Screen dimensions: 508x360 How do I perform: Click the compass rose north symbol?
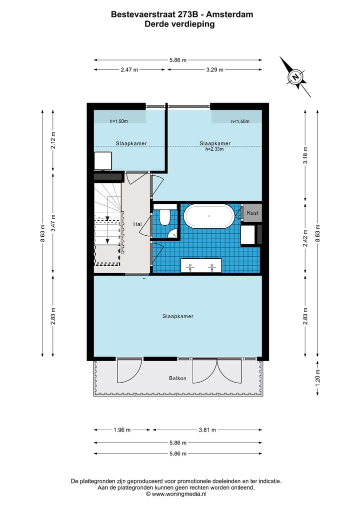tap(296, 77)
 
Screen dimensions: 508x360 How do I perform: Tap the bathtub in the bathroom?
tap(208, 216)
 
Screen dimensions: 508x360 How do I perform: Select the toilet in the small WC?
tap(165, 217)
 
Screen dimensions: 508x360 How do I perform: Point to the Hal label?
tap(137, 225)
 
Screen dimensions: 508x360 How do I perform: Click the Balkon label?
tap(177, 378)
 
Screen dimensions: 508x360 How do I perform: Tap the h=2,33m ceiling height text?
tap(214, 148)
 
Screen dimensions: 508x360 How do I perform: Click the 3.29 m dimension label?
tap(214, 70)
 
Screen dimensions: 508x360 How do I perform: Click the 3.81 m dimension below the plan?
tap(206, 430)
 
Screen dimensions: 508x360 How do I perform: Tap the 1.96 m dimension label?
tap(121, 430)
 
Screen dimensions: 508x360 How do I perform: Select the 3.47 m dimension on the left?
tap(53, 224)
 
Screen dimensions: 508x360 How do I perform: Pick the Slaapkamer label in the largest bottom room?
tap(177, 316)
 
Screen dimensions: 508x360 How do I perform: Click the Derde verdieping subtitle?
tap(179, 23)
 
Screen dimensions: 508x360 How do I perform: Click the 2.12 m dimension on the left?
tap(53, 139)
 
